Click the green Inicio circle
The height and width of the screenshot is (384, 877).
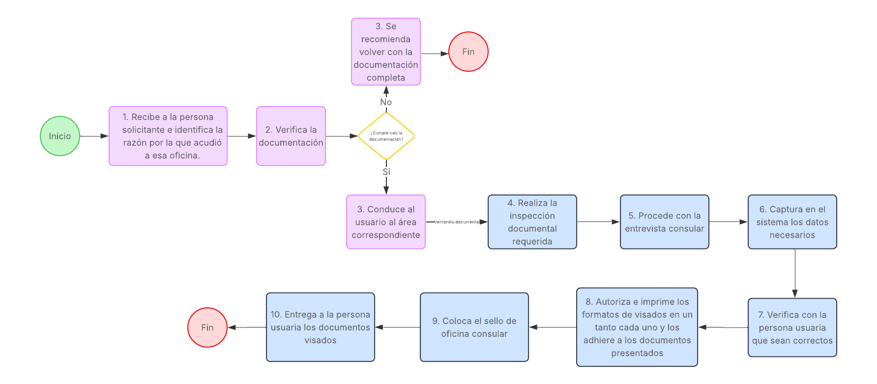coord(60,136)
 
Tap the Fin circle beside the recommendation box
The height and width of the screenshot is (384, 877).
coord(468,52)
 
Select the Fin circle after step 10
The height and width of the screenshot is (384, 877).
coord(207,328)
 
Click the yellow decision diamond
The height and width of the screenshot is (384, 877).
coord(386,136)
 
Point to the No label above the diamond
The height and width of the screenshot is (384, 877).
coord(386,102)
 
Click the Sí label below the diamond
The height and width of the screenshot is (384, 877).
coord(386,172)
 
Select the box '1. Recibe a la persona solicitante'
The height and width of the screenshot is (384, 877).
coord(168,136)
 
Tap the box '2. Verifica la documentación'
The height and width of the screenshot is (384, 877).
coord(291,136)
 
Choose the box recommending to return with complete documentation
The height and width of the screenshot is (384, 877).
coord(386,52)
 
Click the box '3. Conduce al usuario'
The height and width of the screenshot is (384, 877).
coord(386,222)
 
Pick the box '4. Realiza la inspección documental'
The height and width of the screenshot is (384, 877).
coord(532,222)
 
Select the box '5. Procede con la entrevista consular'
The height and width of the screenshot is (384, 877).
coord(665,222)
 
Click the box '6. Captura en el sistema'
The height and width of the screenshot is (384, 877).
coord(792,222)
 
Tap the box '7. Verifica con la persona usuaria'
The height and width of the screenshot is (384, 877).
coord(792,328)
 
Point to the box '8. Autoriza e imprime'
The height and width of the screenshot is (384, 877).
coord(637,328)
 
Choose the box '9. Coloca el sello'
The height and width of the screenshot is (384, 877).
coord(474,328)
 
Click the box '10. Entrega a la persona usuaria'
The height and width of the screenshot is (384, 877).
coord(321,328)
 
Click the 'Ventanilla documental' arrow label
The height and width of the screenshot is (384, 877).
coord(457,222)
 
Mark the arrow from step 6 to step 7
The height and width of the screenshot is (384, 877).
coord(795,273)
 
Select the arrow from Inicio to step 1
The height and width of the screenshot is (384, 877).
coord(94,136)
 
